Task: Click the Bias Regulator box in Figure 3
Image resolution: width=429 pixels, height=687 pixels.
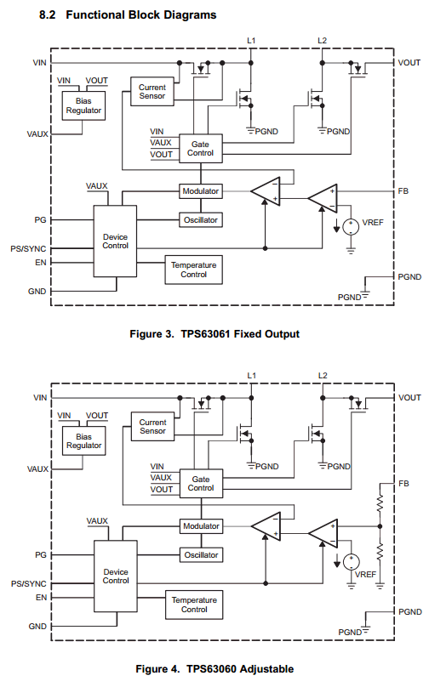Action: (x=83, y=105)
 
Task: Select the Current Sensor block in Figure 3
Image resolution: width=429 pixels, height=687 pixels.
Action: (x=152, y=92)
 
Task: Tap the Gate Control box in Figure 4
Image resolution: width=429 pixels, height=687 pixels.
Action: (x=201, y=483)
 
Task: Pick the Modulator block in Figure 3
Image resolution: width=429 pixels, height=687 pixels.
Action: (x=201, y=191)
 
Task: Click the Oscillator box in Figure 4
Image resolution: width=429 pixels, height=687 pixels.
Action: (x=201, y=554)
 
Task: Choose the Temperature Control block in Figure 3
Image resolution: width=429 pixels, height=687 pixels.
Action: (x=193, y=270)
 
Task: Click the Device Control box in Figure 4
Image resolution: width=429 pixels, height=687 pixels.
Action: (x=116, y=576)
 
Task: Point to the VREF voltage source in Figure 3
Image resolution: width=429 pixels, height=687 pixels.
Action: (x=351, y=226)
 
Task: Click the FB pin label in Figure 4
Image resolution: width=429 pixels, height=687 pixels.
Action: (x=404, y=483)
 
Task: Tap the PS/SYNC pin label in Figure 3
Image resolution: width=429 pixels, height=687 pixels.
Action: (x=28, y=249)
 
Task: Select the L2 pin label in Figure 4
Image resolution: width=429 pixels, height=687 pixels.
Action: (x=323, y=376)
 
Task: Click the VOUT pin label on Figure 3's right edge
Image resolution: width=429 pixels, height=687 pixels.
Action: (x=409, y=63)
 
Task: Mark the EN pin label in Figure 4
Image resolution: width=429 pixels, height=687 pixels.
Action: (x=41, y=597)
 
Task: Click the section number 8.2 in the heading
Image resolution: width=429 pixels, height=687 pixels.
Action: (x=48, y=15)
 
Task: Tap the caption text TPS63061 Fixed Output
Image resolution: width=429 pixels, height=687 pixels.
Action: (x=240, y=334)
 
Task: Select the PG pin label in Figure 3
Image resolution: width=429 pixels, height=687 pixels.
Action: (x=40, y=219)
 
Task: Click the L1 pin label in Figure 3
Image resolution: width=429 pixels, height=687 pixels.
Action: (x=251, y=41)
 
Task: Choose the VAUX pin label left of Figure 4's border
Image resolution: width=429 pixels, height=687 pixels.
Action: (x=37, y=468)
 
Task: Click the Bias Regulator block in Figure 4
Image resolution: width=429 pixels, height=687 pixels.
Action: (x=83, y=440)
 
